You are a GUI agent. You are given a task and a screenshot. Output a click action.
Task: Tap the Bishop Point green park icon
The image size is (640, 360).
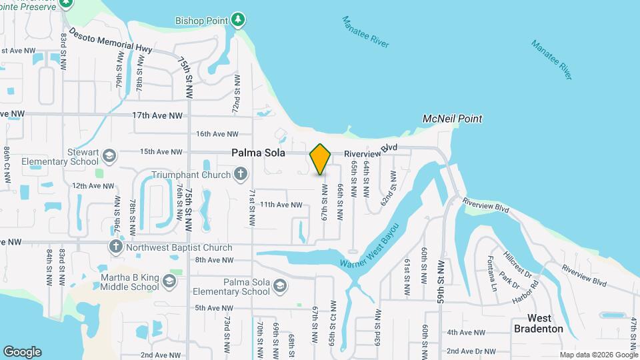[x=238, y=20]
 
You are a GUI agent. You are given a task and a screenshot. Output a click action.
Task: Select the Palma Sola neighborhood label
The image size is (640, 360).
[x=259, y=153]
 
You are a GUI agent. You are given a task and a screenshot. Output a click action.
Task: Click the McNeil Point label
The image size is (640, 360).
[x=453, y=119]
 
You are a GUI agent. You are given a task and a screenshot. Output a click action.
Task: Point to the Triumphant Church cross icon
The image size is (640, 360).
[x=241, y=175]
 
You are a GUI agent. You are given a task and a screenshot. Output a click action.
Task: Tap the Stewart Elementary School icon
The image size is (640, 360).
[x=108, y=157]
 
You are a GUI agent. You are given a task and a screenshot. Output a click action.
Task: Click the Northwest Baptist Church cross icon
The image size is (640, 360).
[x=115, y=247]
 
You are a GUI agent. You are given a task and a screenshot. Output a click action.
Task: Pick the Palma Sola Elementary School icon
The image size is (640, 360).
[x=280, y=287]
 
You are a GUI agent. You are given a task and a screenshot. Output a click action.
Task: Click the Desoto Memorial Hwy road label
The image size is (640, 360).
[x=110, y=41]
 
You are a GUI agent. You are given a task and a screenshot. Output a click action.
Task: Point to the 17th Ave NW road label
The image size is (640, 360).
[x=157, y=115]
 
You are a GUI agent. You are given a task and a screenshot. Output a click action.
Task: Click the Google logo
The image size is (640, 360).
[x=22, y=352]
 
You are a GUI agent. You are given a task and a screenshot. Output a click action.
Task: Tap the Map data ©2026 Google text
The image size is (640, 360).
[x=599, y=355]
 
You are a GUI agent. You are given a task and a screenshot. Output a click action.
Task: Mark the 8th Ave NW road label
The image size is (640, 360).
[x=214, y=260]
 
